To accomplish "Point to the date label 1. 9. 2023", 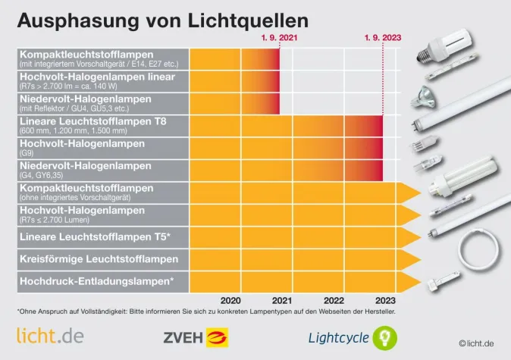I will click(x=381, y=37).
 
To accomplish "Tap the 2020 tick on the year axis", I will click(x=230, y=299).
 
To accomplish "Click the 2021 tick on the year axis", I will click(x=281, y=299).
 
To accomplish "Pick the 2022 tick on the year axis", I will click(x=333, y=299).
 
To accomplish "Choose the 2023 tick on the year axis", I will click(x=384, y=299).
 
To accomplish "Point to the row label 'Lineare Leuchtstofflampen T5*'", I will click(x=94, y=237).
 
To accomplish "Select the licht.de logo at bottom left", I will click(x=50, y=334).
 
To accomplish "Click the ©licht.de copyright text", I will click(x=476, y=343).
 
